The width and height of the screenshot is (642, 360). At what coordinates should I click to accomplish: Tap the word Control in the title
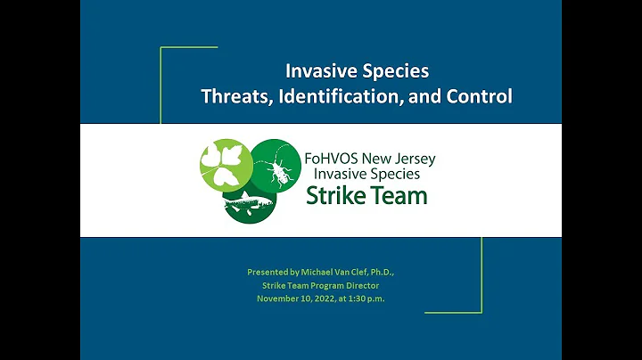(481, 96)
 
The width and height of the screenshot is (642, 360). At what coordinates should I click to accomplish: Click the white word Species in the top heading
(391, 70)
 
